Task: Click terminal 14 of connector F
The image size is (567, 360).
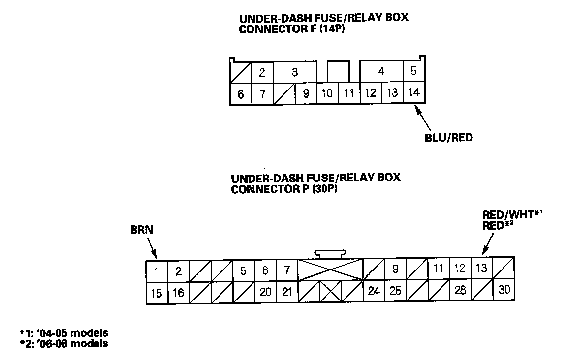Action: (x=414, y=92)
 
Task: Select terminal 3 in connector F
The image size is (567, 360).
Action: (x=294, y=73)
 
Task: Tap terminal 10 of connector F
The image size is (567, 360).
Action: (x=327, y=93)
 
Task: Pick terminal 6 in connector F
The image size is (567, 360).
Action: (x=241, y=94)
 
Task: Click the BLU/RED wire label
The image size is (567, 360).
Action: (x=448, y=138)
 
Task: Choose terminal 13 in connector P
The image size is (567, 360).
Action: (x=481, y=269)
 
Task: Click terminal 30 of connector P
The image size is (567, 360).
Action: (x=504, y=289)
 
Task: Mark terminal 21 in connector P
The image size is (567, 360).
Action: (x=287, y=292)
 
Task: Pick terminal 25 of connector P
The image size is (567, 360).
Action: (x=395, y=291)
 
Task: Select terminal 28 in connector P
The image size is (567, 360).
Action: (x=460, y=290)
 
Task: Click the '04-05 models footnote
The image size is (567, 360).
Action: (x=63, y=333)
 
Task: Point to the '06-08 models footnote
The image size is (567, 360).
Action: (x=63, y=343)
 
